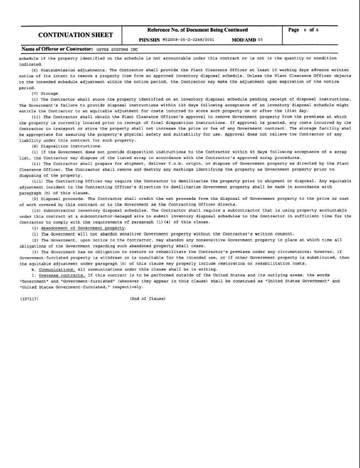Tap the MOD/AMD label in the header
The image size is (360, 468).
pos(244,40)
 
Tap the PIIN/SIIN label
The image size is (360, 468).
pos(150,40)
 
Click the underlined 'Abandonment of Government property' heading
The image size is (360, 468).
pos(83,228)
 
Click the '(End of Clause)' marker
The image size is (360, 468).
pos(148,298)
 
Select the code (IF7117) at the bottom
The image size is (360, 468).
pos(29,298)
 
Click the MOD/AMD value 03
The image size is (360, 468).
pos(260,40)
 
